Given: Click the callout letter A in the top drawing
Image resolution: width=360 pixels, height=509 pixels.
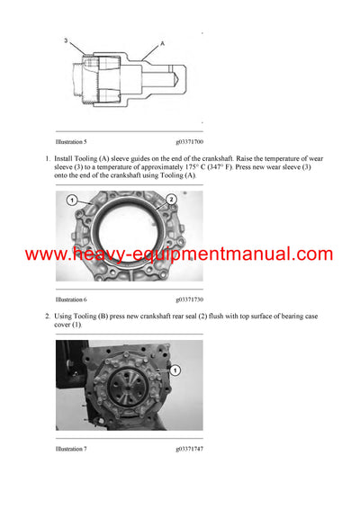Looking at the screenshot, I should click(x=162, y=42).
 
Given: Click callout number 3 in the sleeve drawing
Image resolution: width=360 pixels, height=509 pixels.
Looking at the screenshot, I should click(x=65, y=40).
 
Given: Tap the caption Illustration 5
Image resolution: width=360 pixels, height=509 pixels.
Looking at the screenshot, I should click(x=71, y=142).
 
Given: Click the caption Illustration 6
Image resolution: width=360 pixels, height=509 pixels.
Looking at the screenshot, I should click(x=71, y=298).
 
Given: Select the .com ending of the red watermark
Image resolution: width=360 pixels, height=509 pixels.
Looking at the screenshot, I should click(x=310, y=254).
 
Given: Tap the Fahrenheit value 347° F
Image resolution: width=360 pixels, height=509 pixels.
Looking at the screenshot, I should click(x=217, y=167).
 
